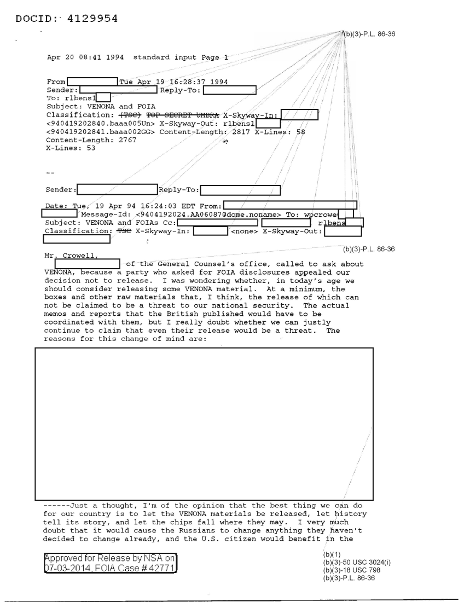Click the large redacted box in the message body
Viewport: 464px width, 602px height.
tap(204, 421)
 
